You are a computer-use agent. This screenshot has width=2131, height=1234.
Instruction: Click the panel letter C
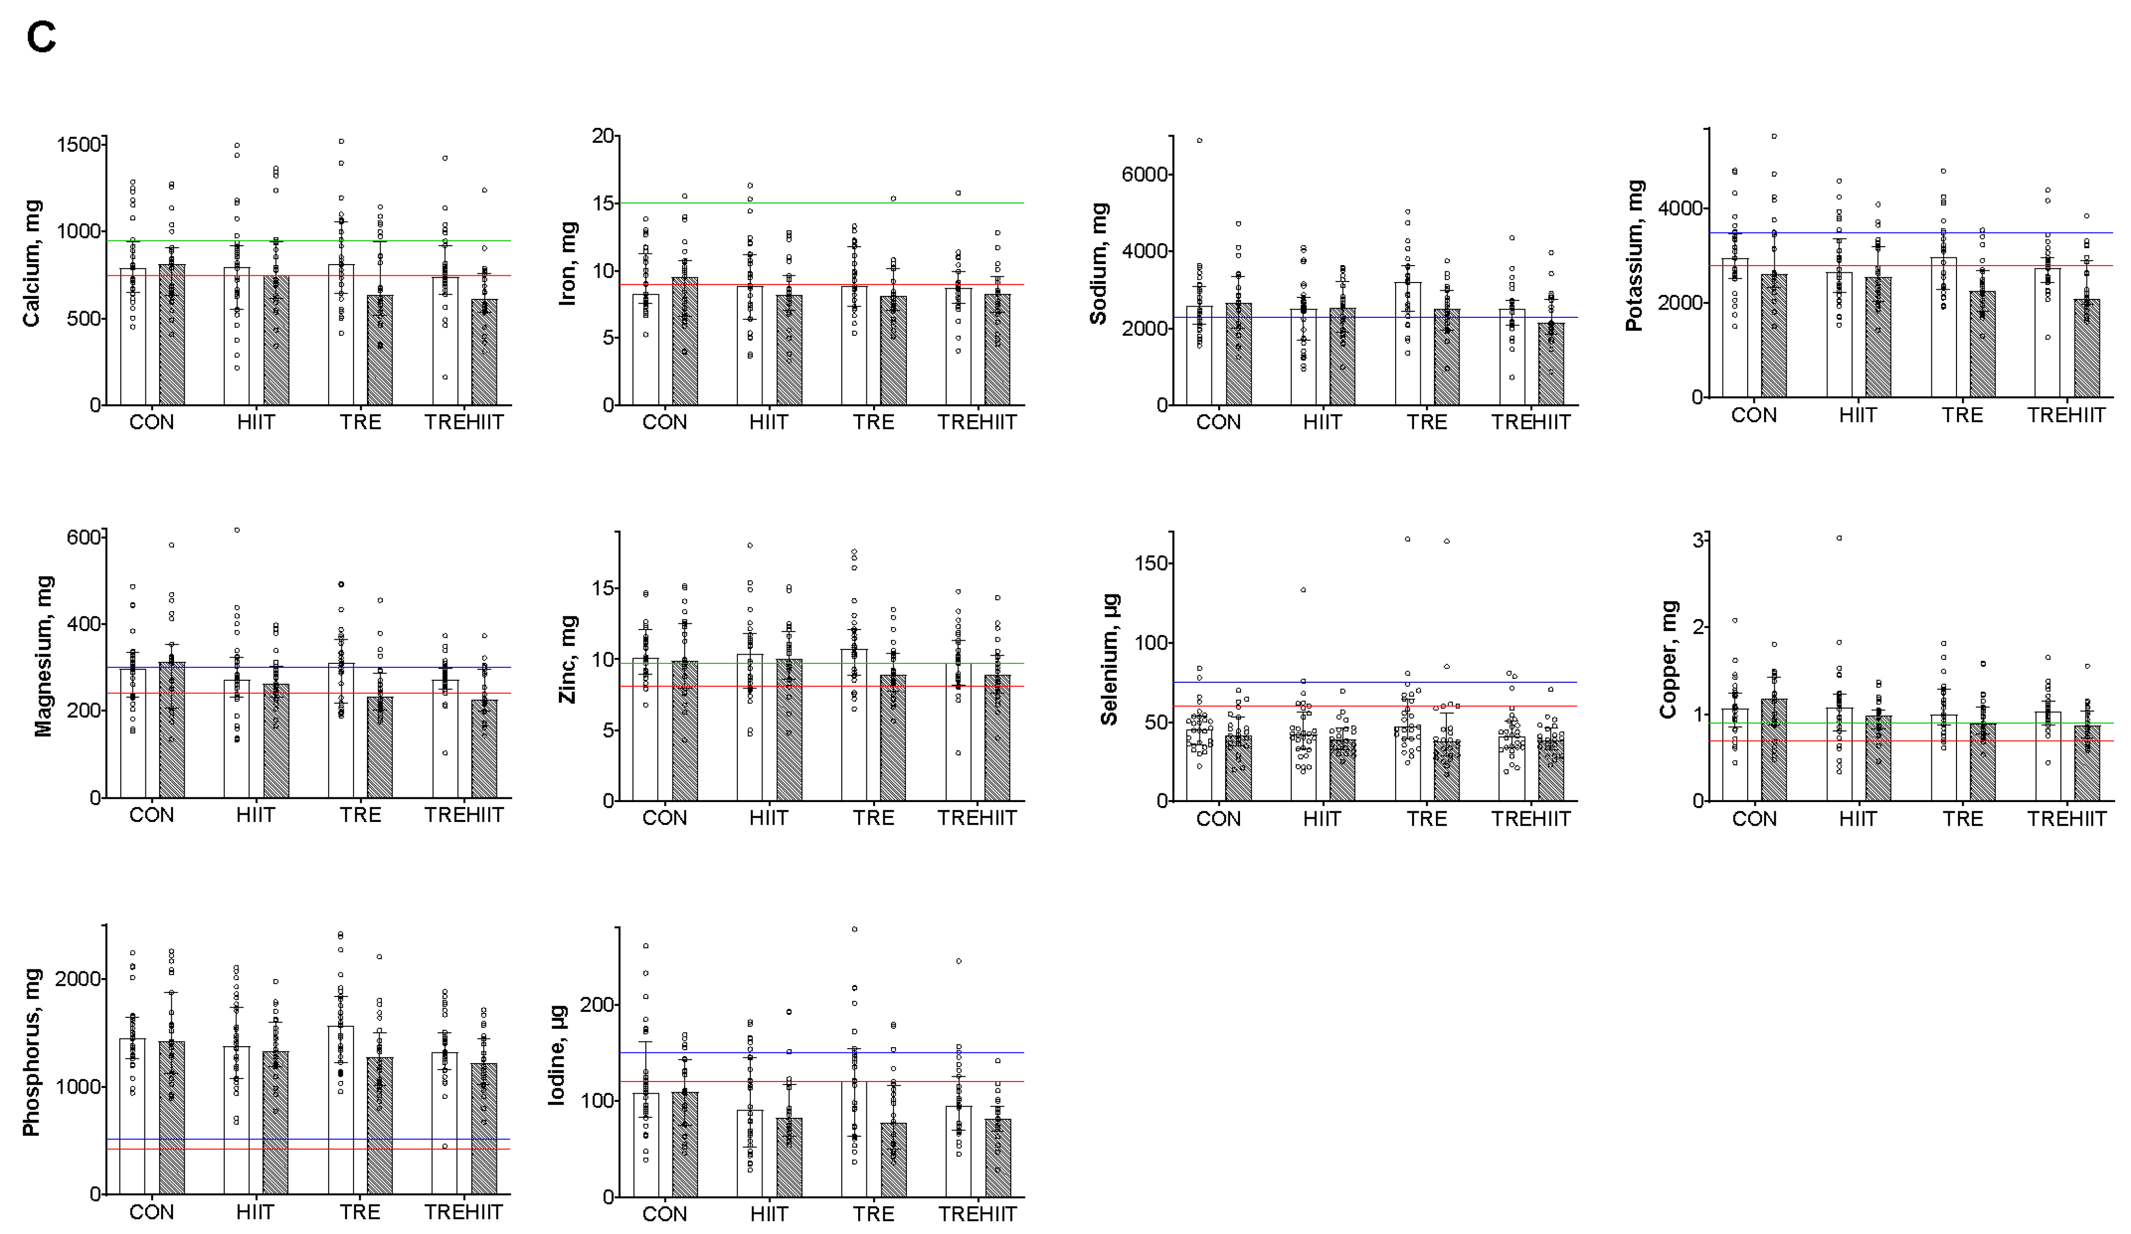[40, 38]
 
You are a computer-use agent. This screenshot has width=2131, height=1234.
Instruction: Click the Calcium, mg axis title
[32, 264]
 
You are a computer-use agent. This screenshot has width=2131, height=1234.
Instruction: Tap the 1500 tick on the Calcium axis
[79, 145]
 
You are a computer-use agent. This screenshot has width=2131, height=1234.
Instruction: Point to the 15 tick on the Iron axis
[603, 203]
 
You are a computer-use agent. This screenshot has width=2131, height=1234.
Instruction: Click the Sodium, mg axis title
[1098, 264]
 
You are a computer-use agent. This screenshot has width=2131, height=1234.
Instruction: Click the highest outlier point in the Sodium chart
[1199, 140]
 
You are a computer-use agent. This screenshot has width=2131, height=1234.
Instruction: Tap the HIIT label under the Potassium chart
[1858, 415]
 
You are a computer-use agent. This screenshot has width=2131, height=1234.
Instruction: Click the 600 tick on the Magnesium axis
[84, 537]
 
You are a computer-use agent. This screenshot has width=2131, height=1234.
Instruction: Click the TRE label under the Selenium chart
[1427, 819]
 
